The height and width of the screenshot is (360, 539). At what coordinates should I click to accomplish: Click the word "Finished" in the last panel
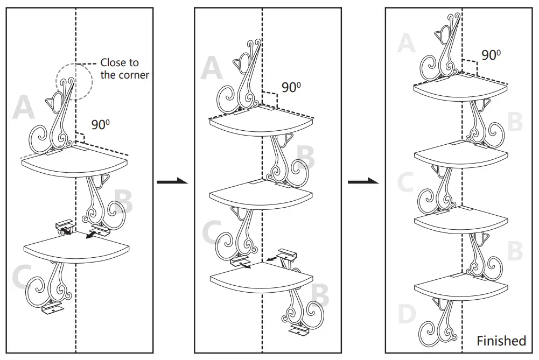point(501,341)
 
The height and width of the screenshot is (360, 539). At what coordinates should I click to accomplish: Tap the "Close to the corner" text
point(124,69)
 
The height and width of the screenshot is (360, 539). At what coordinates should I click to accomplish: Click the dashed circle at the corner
point(74,81)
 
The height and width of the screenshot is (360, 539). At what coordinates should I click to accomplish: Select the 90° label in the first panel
point(100,124)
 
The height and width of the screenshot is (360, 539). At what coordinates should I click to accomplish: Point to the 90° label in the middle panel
point(291,87)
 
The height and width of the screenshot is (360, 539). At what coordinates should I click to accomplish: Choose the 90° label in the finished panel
point(491,55)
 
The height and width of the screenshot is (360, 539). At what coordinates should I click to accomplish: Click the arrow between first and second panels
point(172,181)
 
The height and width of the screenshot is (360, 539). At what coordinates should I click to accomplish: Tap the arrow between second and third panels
point(363,181)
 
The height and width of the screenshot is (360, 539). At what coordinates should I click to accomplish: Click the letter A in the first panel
point(24,107)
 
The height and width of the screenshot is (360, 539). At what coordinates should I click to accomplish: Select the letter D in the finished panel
point(407,313)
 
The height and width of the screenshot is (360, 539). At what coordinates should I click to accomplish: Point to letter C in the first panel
point(22,276)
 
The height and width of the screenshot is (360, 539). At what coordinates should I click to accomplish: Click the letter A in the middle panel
point(212,68)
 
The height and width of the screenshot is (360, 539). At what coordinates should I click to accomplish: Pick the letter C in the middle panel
point(212,232)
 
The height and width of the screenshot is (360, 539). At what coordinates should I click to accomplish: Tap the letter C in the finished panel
point(405,182)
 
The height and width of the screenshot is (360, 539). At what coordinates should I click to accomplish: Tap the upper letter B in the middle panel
point(305,157)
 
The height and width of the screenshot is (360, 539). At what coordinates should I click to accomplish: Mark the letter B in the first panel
point(123,201)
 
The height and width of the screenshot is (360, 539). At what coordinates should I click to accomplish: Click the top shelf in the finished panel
point(460,87)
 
